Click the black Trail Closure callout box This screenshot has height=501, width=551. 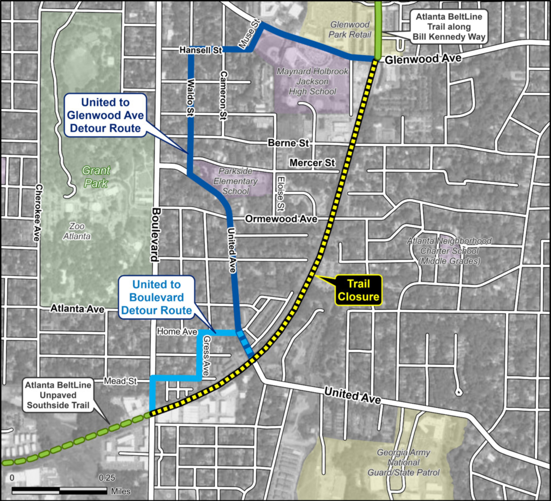[x=358, y=290]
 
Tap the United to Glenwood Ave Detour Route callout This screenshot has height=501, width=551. [x=105, y=115]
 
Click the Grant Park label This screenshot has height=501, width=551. [x=96, y=177]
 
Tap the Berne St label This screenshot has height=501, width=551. [x=288, y=143]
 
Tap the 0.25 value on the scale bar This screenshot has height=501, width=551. [x=107, y=478]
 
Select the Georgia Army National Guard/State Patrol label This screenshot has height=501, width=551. [x=403, y=462]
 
